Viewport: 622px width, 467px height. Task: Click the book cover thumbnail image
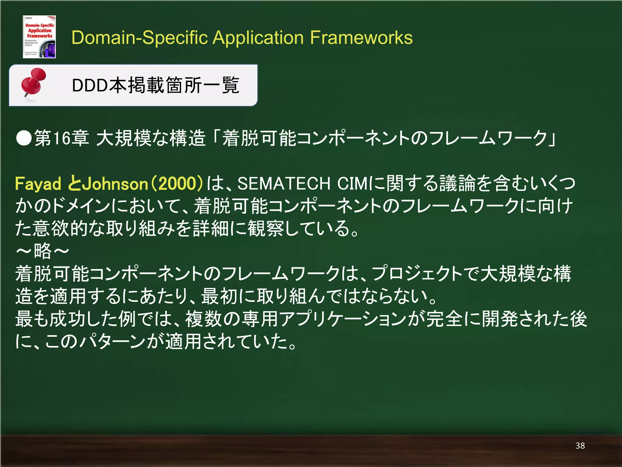(x=39, y=37)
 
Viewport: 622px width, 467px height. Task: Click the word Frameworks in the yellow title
(x=361, y=38)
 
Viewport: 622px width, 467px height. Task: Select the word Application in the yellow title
(x=258, y=38)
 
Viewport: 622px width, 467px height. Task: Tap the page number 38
(x=580, y=446)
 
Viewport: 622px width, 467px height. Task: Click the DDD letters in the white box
(x=90, y=85)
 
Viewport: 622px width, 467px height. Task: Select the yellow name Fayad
(x=38, y=184)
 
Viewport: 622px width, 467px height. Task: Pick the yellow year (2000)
(x=177, y=184)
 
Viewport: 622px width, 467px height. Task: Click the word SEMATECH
(x=284, y=184)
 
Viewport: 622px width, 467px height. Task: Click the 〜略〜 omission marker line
(x=43, y=251)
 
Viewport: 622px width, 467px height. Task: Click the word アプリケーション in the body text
(x=343, y=319)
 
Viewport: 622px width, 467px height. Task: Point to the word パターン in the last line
(x=112, y=342)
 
